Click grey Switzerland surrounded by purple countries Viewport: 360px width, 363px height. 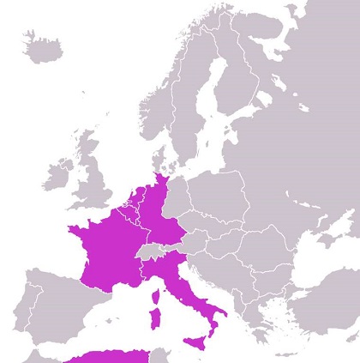[x=153, y=251]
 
